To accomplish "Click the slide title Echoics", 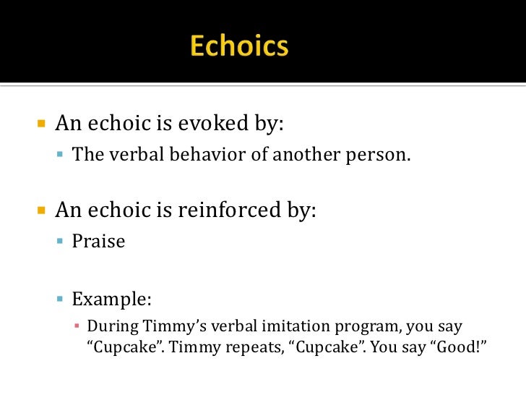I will (x=239, y=46).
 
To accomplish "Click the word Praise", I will (x=98, y=241).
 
